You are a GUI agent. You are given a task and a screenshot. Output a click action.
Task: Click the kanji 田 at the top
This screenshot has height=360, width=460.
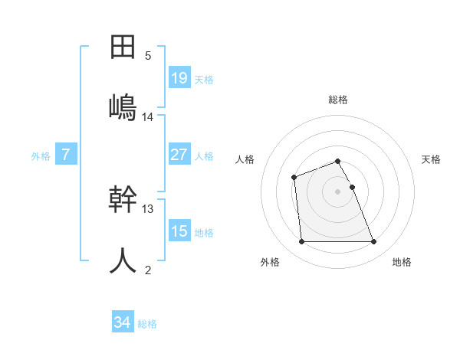123,47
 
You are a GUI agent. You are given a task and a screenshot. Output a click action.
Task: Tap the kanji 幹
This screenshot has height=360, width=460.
123,200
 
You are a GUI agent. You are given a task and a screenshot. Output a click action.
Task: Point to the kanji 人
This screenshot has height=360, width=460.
123,260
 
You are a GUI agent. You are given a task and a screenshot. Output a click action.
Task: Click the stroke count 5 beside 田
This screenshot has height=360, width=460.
148,56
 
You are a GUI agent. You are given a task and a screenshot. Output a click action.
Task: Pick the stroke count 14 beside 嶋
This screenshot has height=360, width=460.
148,117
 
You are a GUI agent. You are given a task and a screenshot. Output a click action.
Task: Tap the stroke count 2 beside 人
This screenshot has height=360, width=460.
148,270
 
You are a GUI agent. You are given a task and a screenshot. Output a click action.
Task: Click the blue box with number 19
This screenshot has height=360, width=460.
179,78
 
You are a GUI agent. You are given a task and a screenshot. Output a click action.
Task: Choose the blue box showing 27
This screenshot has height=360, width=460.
179,155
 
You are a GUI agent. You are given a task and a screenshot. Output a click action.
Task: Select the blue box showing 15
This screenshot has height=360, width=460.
179,231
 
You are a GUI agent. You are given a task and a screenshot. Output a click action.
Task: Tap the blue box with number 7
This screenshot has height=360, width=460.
66,155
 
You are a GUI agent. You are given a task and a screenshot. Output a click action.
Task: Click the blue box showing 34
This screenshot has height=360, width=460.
122,322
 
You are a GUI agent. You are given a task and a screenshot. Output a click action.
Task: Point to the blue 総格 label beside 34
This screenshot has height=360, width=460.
147,324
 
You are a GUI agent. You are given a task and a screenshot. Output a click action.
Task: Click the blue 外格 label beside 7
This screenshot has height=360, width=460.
41,156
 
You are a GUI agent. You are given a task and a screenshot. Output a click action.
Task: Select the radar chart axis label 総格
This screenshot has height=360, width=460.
338,100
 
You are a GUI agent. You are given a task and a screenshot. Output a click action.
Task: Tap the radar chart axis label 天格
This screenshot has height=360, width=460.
432,159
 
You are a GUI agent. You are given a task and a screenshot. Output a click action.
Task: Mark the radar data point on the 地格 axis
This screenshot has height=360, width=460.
374,242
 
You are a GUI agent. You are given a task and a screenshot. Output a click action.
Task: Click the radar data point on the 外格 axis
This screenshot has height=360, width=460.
301,242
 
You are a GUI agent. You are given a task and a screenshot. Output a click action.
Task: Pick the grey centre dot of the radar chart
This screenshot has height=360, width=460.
338,191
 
